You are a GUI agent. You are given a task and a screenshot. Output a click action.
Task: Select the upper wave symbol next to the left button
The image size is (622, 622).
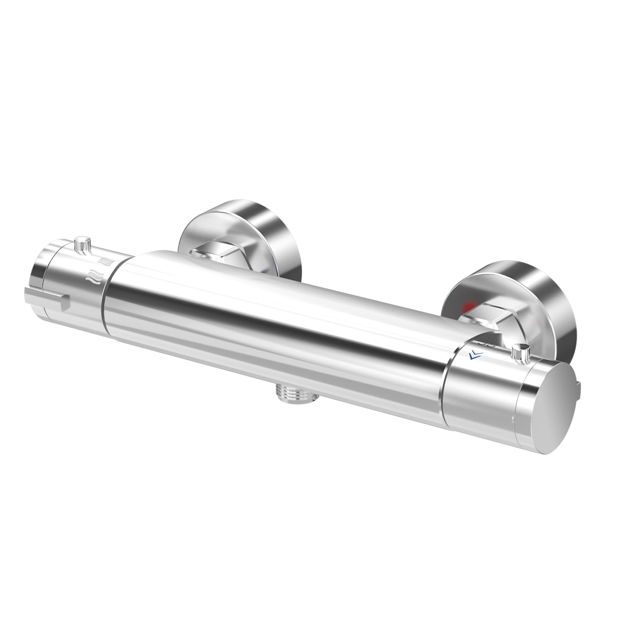tap(105, 259)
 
